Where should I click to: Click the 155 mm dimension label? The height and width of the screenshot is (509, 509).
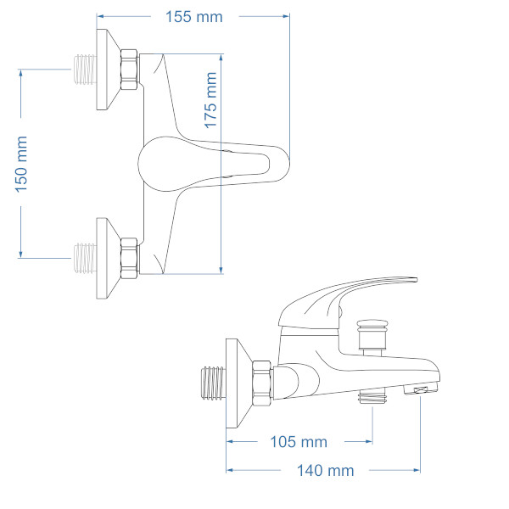pos(193,17)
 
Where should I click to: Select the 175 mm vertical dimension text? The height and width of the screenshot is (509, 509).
pos(210,100)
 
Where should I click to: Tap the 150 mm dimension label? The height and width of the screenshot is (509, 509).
pos(21,165)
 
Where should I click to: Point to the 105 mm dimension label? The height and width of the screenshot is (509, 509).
pos(299,442)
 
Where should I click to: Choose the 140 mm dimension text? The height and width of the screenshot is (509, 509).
pos(325,470)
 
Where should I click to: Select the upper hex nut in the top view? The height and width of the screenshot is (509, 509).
pos(129,70)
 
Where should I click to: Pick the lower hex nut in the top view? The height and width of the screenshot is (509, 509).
pos(129,258)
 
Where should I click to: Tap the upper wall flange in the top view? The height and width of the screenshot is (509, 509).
pos(107,70)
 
